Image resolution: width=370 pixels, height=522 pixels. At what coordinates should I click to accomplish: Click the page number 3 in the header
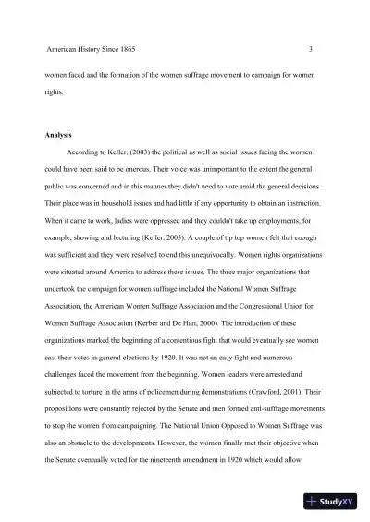point(311,48)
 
